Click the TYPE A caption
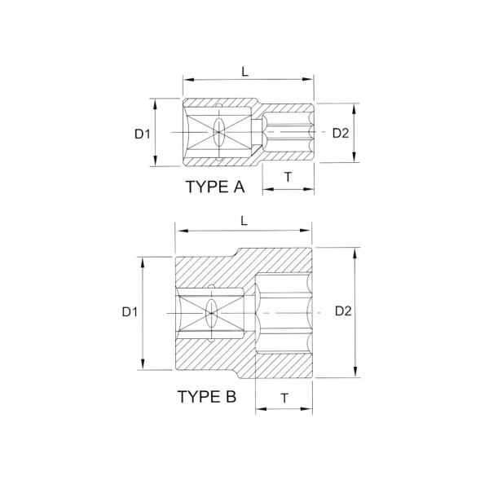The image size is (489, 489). coord(215,187)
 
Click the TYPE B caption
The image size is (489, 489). coord(207,397)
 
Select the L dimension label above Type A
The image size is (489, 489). coord(245,72)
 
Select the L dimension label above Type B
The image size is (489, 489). coord(244,221)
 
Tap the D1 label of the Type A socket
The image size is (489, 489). coord(143,134)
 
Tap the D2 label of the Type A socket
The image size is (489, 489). coord(341,133)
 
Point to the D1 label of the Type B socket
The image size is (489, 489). coord(130,312)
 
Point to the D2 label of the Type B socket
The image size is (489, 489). coord(343,311)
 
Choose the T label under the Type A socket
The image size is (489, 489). coord(289,177)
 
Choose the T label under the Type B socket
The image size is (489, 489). coord(284,399)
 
